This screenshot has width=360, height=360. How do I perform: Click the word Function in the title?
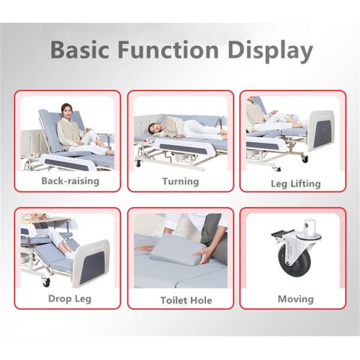coord(164,50)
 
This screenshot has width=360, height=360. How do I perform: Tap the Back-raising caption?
coord(70,180)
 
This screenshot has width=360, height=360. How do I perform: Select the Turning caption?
coord(180,181)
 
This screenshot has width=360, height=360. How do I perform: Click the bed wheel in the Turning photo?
coord(139,163)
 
